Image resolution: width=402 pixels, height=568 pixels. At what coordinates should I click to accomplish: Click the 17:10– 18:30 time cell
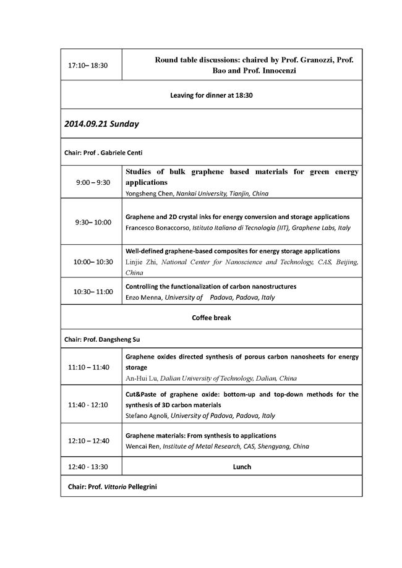point(91,64)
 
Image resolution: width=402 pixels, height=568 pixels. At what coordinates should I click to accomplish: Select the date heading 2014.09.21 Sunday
point(101,124)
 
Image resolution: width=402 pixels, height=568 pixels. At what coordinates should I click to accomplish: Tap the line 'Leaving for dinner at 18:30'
point(212,95)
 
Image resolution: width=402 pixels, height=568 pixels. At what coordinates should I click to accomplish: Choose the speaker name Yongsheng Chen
point(149,193)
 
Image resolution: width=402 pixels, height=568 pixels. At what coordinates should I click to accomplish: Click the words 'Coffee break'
point(212,318)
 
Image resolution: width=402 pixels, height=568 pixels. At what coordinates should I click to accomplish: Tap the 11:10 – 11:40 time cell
point(91,367)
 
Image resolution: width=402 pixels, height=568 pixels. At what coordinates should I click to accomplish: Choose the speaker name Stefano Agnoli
point(147,416)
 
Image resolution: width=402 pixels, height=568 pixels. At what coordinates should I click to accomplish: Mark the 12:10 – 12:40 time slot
point(91,441)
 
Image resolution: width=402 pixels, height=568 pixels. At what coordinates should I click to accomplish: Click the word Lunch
point(242,467)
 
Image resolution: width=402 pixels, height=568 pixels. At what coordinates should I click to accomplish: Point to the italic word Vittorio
point(119,486)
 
